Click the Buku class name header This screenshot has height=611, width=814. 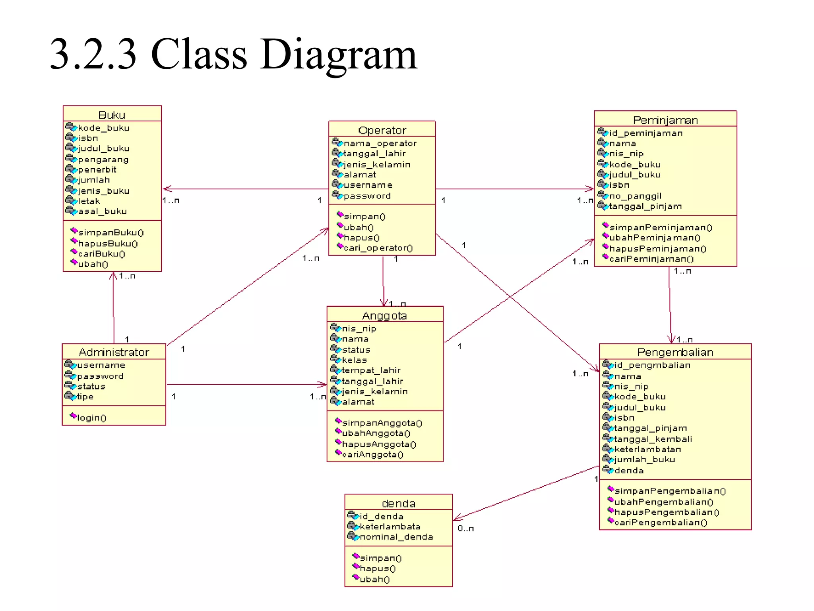[112, 115]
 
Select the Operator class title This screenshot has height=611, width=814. [382, 130]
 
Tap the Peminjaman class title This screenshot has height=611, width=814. [665, 120]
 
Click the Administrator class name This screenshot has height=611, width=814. [114, 352]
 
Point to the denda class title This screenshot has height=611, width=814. [398, 504]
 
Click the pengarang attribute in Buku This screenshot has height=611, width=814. [103, 160]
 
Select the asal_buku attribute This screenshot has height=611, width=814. [102, 211]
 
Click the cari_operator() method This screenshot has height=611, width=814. [378, 248]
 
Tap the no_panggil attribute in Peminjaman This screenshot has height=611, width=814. [635, 196]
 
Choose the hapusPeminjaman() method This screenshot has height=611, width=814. [657, 249]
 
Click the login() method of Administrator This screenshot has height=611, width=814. [91, 418]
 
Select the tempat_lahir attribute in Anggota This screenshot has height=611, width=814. [371, 370]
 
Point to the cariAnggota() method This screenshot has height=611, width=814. [372, 455]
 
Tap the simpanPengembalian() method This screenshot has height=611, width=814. [670, 491]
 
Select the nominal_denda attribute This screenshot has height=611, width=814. [396, 537]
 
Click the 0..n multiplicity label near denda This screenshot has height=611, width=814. [465, 529]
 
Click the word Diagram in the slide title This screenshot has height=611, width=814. [338, 54]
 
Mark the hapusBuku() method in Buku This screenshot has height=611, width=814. [107, 243]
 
